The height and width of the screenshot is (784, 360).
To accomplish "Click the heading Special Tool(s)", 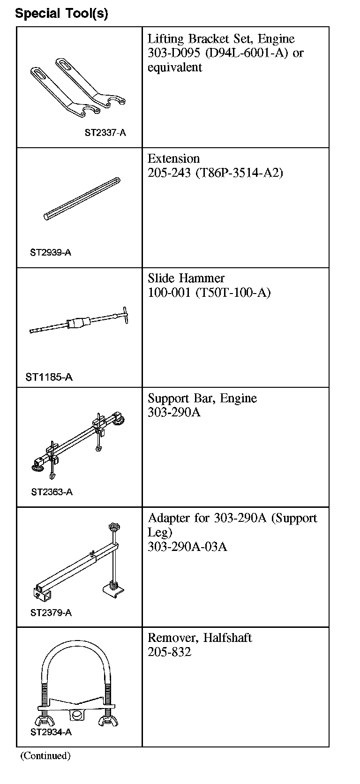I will pos(61,14).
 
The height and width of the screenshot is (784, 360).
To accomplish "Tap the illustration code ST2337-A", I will pos(105,133).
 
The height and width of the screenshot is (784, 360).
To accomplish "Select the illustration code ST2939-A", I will pos(51,252).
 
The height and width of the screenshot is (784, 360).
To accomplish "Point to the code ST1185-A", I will pos(49,377).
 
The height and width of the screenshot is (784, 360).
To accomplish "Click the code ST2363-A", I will pos(52,492).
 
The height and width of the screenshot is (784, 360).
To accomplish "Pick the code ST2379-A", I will pos(51,612).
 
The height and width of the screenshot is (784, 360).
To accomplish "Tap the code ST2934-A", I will pos(51,732).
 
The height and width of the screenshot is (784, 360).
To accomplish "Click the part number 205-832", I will pos(169,652).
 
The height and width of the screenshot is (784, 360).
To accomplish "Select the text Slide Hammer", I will pos(186,279).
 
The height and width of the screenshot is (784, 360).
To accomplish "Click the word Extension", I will pos(173,158).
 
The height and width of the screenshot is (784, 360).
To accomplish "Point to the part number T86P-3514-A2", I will pos(239,173).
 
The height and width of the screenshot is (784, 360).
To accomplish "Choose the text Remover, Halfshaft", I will pos(200,638).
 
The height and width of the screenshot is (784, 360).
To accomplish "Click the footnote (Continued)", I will pos(45,755).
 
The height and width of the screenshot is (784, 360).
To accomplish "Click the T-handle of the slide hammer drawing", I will pos(121,316).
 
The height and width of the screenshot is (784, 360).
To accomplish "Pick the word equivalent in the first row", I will pos(174,68).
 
